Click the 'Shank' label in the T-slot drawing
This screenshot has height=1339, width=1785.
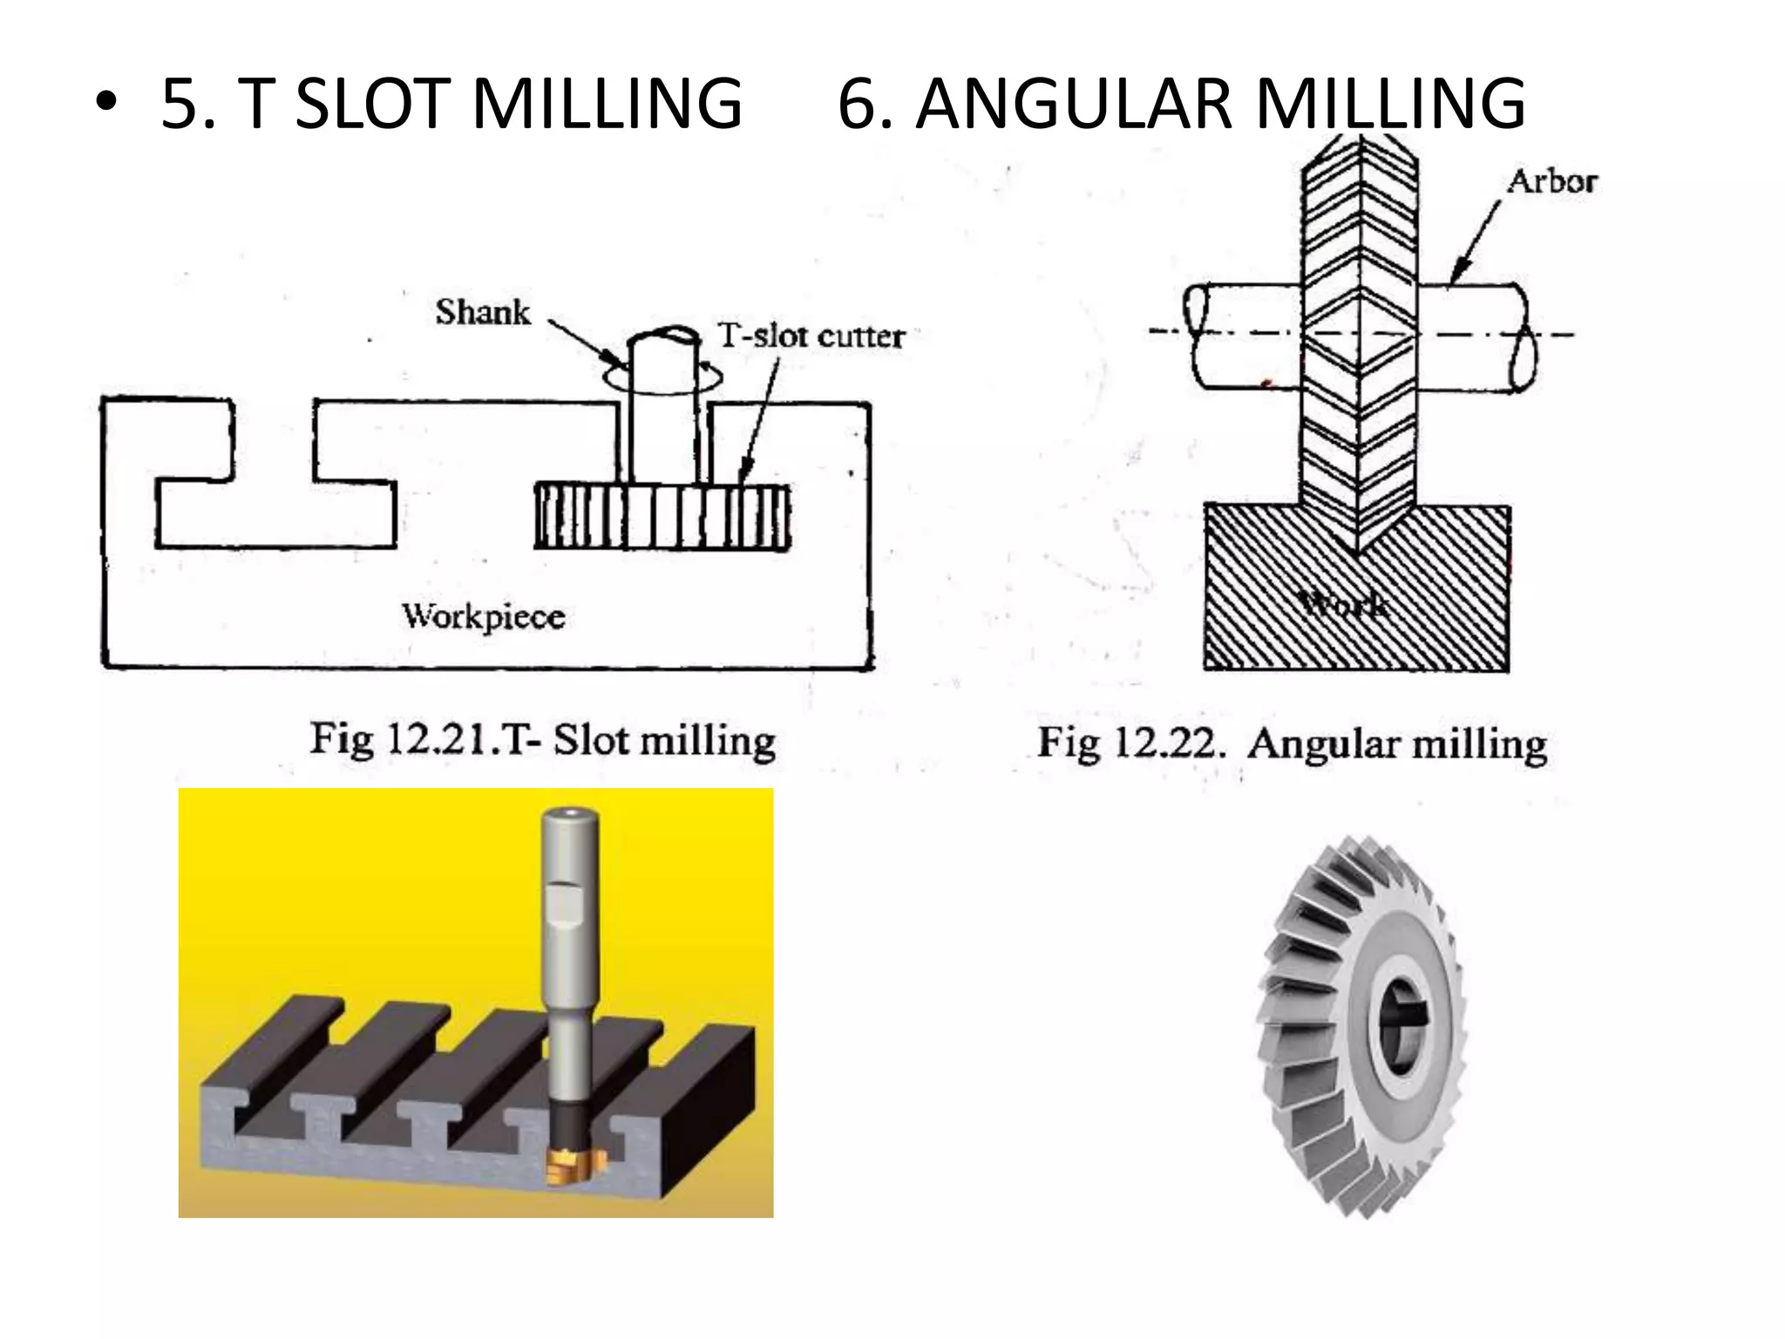tap(483, 312)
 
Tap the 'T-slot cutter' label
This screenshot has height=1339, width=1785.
tap(811, 336)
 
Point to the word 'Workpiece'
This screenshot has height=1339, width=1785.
tap(484, 617)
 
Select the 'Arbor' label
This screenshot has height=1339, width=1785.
tap(1552, 181)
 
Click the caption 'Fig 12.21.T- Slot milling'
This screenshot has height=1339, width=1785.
tap(542, 741)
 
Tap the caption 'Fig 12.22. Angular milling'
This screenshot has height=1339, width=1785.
tap(1292, 744)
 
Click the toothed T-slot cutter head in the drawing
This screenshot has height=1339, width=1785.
tap(662, 517)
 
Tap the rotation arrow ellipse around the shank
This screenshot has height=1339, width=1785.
tap(662, 382)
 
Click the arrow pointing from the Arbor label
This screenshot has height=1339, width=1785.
tap(1475, 241)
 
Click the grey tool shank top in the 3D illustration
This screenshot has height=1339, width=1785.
tap(571, 819)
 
